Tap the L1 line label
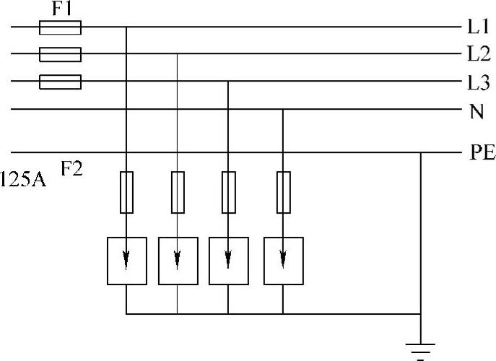(x=478, y=28)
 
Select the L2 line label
(x=478, y=55)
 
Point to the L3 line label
(x=478, y=82)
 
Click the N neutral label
(x=477, y=111)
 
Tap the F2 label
(x=73, y=170)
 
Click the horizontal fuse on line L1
(x=59, y=27)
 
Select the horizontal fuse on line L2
(x=59, y=54)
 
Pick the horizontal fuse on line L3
(x=59, y=82)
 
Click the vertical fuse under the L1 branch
(x=126, y=192)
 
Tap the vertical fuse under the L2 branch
(x=178, y=192)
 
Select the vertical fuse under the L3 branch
(x=228, y=192)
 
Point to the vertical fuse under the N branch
(x=283, y=192)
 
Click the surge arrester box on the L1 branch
(x=126, y=260)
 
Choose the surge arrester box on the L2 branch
(x=178, y=260)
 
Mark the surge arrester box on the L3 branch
(x=228, y=260)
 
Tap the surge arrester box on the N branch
(x=283, y=260)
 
